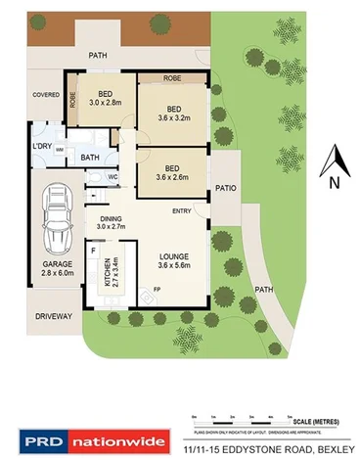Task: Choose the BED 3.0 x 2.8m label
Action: pos(105,97)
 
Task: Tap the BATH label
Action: pos(90,157)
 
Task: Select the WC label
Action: pos(112,177)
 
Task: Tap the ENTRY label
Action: pos(182,210)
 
